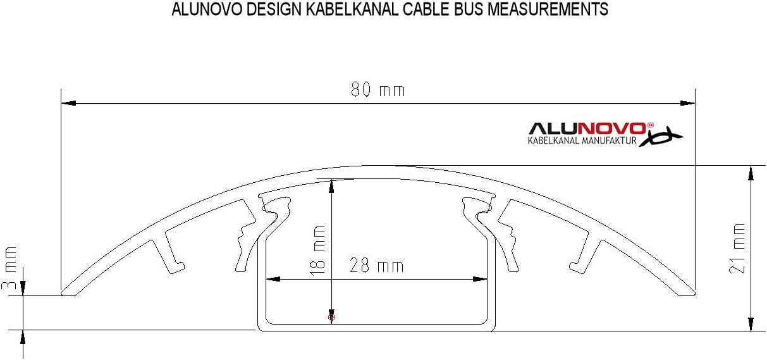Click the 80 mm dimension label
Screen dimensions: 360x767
coord(377,90)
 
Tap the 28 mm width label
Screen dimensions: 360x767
coord(377,266)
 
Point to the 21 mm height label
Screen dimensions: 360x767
coord(737,247)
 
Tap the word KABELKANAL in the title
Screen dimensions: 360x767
coord(330,10)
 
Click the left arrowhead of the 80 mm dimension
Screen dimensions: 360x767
coord(68,102)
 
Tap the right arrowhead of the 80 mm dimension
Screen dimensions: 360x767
coord(687,102)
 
